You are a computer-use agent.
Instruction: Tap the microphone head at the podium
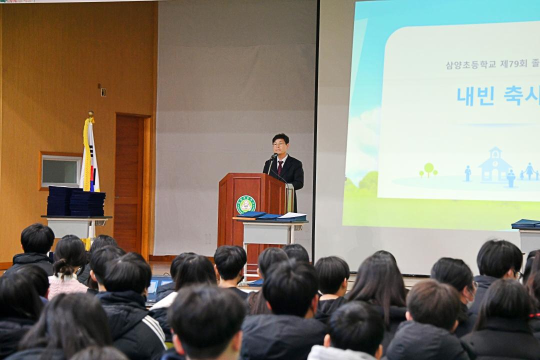pos(274,156)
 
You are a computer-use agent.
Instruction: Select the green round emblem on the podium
pos(246,204)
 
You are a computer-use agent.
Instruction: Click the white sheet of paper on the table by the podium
pos(292,216)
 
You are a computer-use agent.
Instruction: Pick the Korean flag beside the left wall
pos(90,160)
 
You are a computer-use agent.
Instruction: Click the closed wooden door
pos(129,182)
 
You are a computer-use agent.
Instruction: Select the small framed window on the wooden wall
pos(60,171)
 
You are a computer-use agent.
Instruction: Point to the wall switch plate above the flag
pos(103,92)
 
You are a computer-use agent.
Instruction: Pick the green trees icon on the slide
pos(428,170)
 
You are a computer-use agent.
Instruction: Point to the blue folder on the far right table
pos(525,223)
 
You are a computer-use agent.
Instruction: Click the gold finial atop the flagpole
pos(90,114)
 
